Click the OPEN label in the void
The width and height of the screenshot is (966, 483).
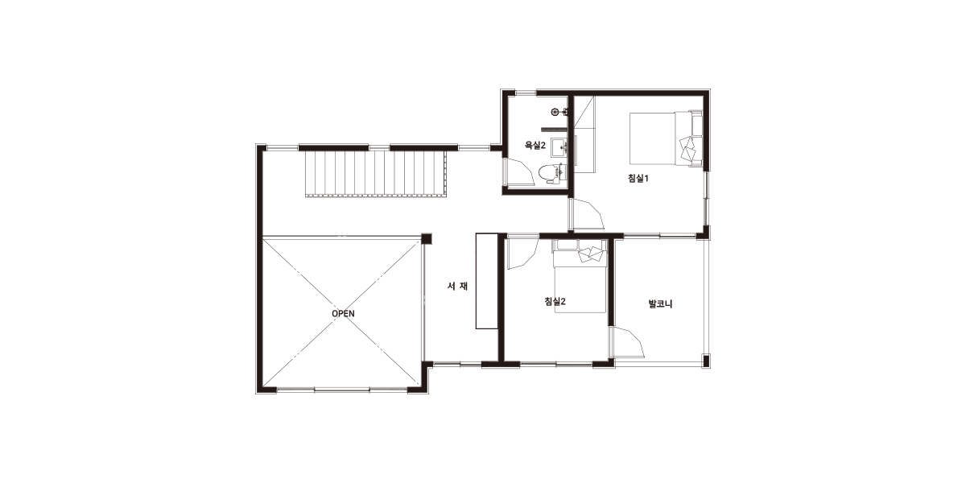343,313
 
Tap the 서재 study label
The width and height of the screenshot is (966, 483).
457,286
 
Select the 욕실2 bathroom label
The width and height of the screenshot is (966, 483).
535,146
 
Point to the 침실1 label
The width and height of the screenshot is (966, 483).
638,178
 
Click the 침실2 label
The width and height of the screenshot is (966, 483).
555,301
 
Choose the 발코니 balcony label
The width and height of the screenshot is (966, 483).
660,304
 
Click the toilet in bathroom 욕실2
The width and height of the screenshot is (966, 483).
551,173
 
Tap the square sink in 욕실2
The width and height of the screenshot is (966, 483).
559,147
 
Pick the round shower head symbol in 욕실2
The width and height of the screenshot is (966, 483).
555,112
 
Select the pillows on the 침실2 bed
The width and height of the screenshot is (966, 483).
590,254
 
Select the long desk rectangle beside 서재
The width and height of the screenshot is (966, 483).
487,281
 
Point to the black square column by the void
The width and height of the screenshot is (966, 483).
427,238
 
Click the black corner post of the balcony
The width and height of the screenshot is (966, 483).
706,360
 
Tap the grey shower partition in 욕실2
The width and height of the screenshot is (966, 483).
553,128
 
